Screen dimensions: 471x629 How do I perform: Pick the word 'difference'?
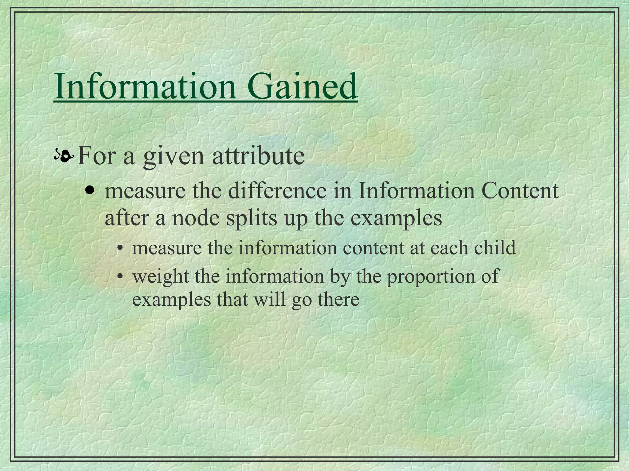point(277,191)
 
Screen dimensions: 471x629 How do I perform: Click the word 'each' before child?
point(449,248)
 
